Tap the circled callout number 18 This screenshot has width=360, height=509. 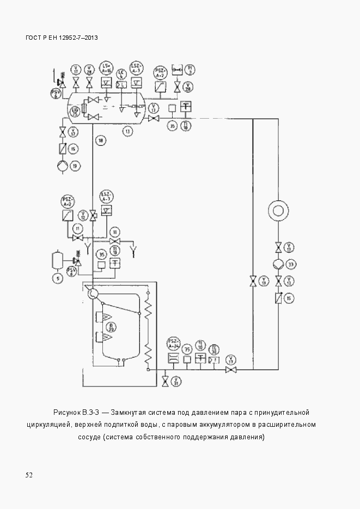click(x=100, y=141)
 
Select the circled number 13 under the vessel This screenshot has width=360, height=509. click(x=127, y=131)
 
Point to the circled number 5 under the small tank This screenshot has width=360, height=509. click(x=57, y=278)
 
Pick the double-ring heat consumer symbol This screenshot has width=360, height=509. click(x=278, y=210)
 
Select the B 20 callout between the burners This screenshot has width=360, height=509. click(x=112, y=327)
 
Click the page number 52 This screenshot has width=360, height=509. click(x=29, y=475)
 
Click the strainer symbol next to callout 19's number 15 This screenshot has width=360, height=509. click(x=63, y=149)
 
